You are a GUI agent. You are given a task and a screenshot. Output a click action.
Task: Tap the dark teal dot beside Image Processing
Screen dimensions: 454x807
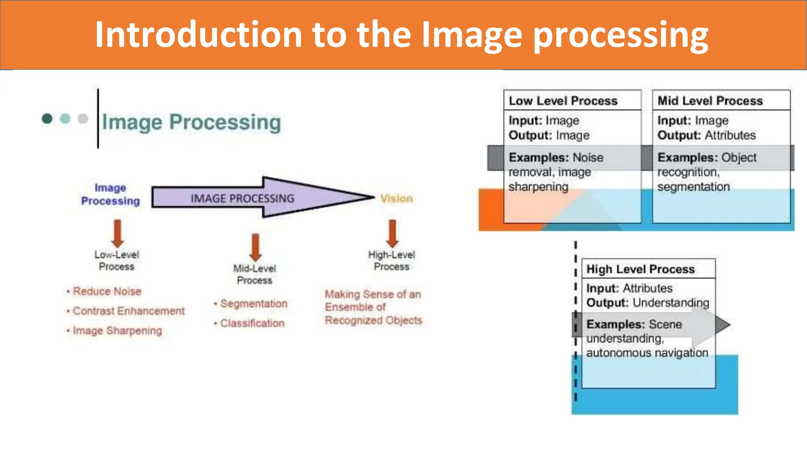tap(47, 118)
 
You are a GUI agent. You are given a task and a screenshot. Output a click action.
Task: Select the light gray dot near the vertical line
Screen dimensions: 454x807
tap(83, 118)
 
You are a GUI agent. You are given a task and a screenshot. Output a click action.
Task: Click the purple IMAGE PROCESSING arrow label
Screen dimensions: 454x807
tap(242, 198)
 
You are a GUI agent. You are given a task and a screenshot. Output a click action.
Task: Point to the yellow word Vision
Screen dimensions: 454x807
tap(396, 198)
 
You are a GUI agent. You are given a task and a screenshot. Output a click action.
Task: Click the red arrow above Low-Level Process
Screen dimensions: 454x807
tap(117, 233)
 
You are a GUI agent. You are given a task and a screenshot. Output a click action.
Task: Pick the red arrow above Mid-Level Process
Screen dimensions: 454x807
tap(255, 247)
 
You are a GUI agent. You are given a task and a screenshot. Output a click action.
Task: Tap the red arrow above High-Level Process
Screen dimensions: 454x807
tap(392, 233)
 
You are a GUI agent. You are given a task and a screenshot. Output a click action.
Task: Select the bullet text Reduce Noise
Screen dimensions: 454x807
tap(107, 291)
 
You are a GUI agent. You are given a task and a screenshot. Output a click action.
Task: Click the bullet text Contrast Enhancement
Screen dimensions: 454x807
tap(128, 311)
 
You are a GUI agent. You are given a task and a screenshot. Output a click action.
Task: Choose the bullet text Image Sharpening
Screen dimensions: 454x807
tap(117, 330)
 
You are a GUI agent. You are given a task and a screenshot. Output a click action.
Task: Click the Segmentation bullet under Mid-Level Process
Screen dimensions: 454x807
tap(253, 303)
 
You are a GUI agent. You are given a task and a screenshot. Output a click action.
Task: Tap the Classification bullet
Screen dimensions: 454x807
tap(252, 323)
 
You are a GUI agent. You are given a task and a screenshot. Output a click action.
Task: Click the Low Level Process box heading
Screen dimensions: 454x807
tap(563, 101)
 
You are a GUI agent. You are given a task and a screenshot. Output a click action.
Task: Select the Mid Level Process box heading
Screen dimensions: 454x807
tap(710, 101)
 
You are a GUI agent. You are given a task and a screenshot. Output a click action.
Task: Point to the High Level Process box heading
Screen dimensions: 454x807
tap(640, 269)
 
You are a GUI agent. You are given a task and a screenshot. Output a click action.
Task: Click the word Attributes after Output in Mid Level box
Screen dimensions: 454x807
tap(730, 135)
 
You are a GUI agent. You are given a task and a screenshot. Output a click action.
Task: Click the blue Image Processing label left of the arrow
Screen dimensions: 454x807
tap(110, 194)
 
